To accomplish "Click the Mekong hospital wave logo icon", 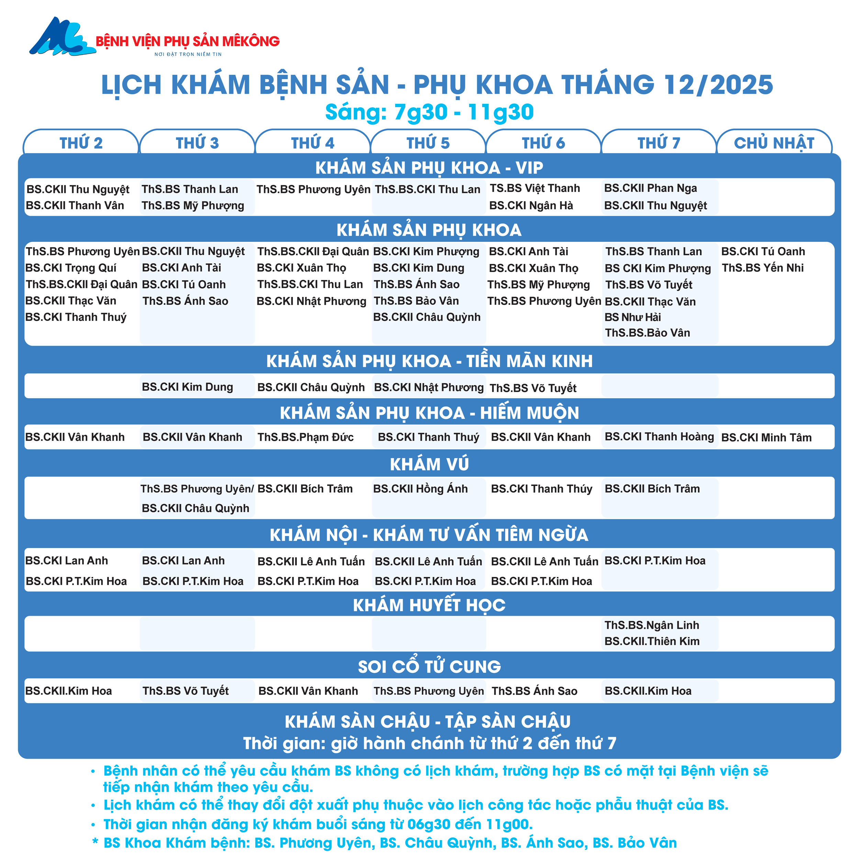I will (x=62, y=37).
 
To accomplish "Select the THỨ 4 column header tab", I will (x=313, y=143).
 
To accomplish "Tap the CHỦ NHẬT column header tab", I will (x=774, y=143).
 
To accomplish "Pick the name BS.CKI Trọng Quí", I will (x=71, y=268).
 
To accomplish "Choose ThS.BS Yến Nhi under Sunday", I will (x=762, y=268).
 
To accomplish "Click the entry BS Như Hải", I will (x=633, y=317).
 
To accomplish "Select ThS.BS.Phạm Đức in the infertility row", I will (x=305, y=437).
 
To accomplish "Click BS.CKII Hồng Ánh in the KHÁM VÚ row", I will (x=420, y=489).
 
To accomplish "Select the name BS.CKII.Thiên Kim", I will (x=652, y=642).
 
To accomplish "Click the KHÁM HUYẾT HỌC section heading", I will (x=429, y=605).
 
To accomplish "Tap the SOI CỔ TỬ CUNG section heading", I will (x=429, y=667).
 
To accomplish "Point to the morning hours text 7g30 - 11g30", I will (x=464, y=112).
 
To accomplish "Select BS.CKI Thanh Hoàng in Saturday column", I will (x=659, y=437).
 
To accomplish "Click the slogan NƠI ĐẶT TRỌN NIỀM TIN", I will (x=188, y=54).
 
